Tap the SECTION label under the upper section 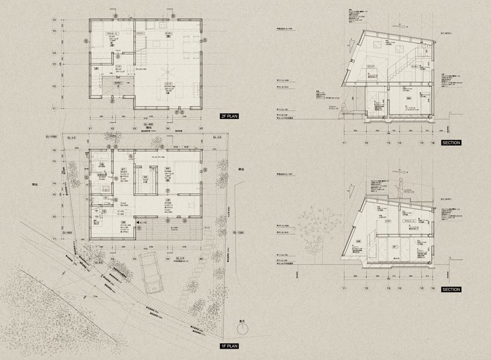tap(451, 143)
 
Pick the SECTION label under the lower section tap(451, 290)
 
